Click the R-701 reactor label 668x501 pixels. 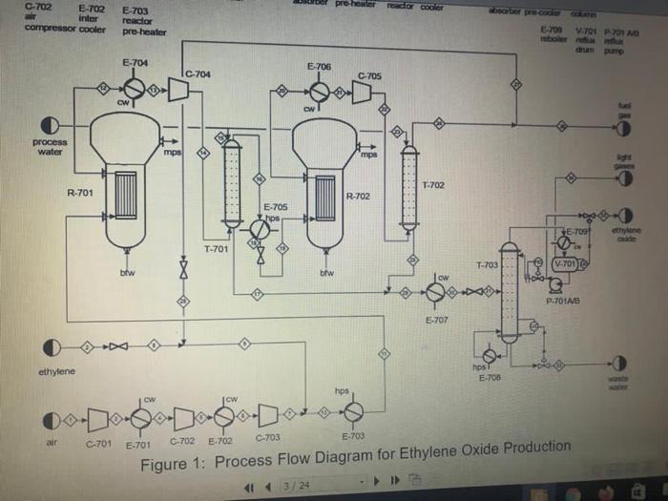point(79,193)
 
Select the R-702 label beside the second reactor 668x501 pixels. point(358,197)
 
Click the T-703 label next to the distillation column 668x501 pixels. point(487,264)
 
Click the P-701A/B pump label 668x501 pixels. point(564,303)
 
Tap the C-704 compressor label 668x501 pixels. point(198,73)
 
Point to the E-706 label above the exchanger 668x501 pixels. point(320,67)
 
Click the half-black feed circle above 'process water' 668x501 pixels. point(53,125)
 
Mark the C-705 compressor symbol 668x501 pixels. point(362,92)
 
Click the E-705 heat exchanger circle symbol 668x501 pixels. point(259,230)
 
